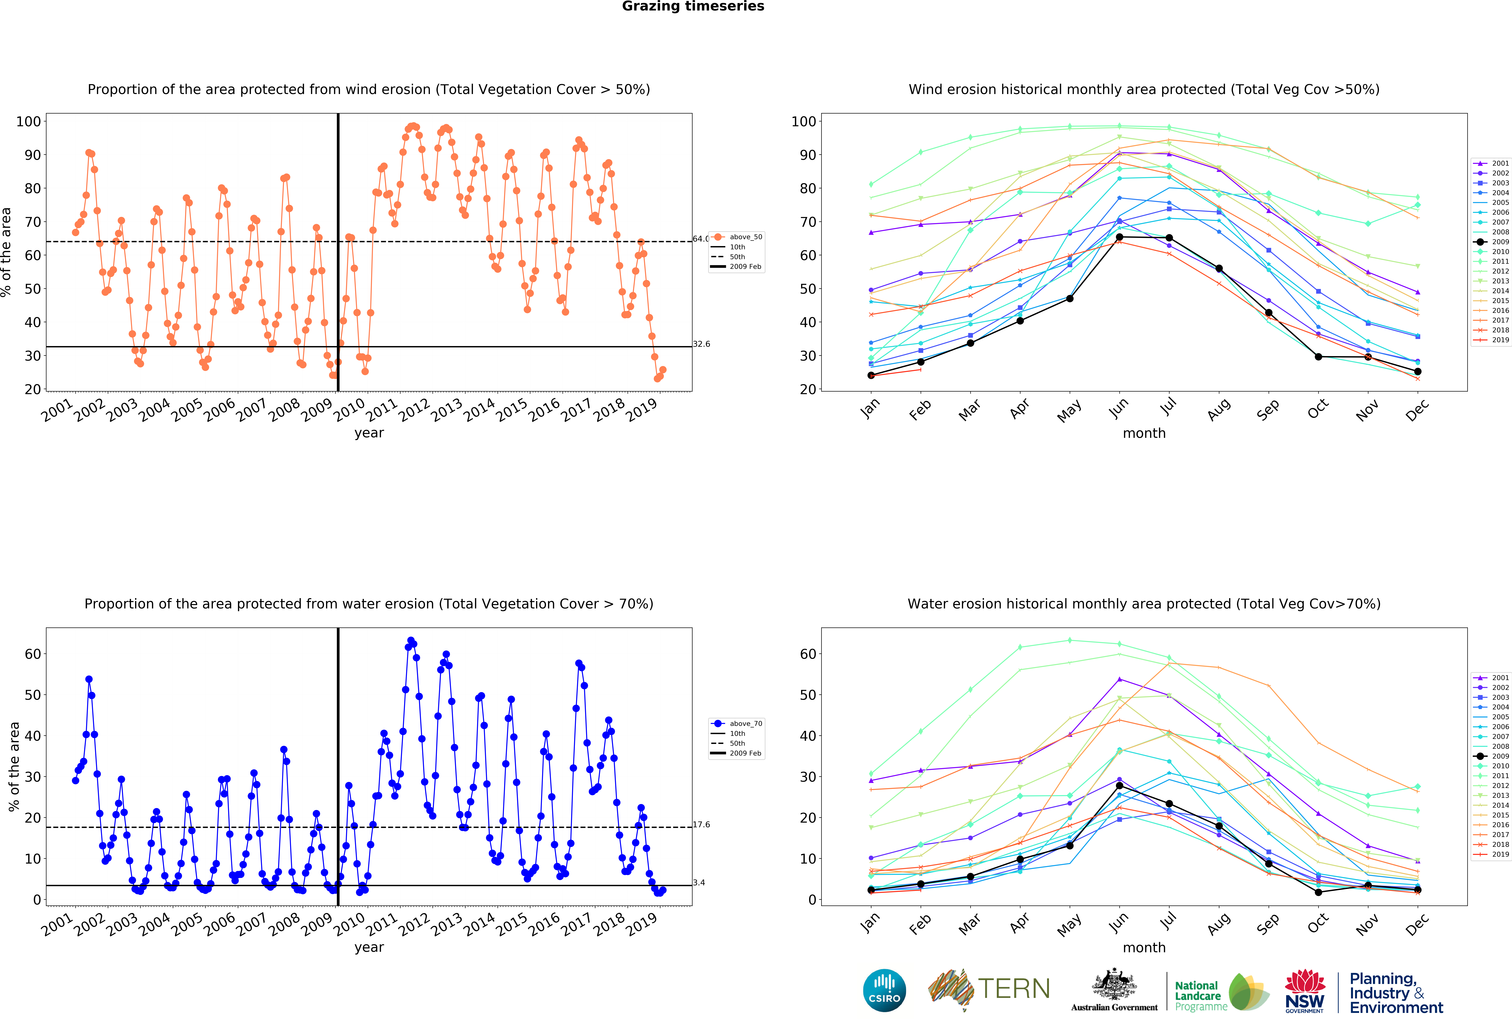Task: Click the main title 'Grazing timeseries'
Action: (x=693, y=6)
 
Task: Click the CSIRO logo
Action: (x=884, y=990)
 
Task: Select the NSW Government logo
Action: (x=1304, y=992)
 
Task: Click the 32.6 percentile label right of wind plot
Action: (x=701, y=344)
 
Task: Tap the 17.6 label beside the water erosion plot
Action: (x=701, y=825)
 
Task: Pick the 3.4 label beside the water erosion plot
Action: (x=699, y=882)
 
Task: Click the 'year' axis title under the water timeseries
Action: (x=369, y=947)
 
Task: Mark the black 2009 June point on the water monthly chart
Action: (x=1120, y=786)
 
